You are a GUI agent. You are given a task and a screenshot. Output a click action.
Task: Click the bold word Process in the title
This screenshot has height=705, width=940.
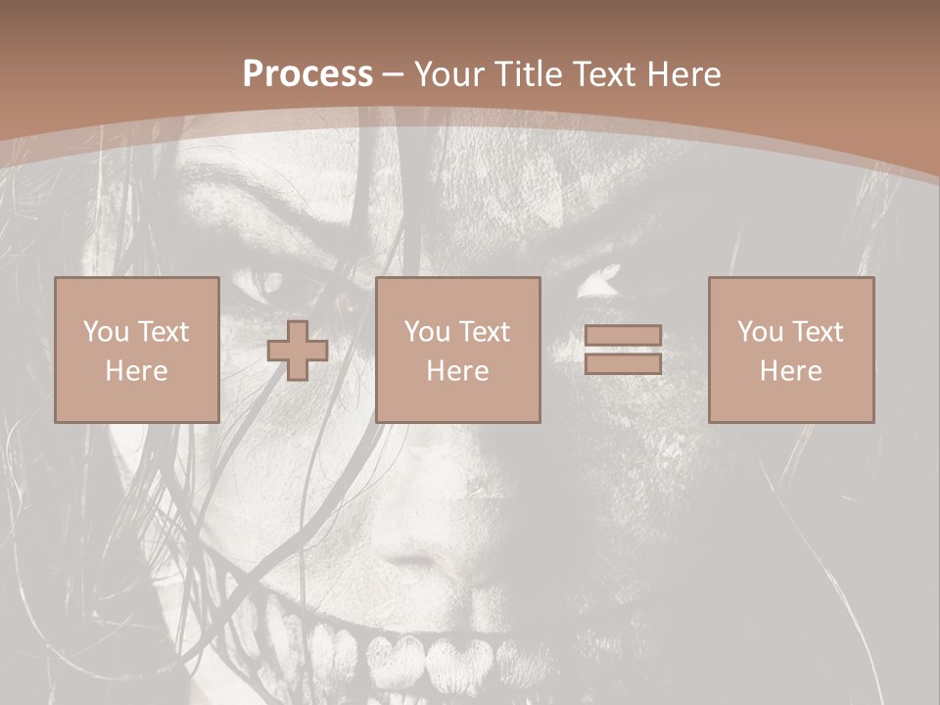coord(307,74)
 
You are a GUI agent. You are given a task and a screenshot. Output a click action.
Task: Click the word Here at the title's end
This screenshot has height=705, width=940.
coord(684,74)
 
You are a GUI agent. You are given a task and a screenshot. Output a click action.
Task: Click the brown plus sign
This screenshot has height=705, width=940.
coord(298,351)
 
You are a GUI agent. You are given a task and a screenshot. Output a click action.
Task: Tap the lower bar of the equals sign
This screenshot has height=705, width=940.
coord(623,363)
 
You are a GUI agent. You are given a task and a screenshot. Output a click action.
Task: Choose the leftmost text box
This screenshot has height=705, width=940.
coord(137,350)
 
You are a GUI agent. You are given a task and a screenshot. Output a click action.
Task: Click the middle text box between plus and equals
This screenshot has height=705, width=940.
coord(458,350)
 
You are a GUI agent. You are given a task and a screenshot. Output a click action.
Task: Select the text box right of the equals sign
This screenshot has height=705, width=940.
coord(791,350)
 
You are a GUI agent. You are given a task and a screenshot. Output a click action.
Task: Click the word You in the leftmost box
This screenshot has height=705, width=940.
coord(105,332)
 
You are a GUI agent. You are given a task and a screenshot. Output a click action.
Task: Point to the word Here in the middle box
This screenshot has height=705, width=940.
coord(458,371)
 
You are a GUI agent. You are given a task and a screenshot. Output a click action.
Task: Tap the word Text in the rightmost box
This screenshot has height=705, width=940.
coord(817,332)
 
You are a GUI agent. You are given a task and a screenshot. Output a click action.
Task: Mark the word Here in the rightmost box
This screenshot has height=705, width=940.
coord(791,371)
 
